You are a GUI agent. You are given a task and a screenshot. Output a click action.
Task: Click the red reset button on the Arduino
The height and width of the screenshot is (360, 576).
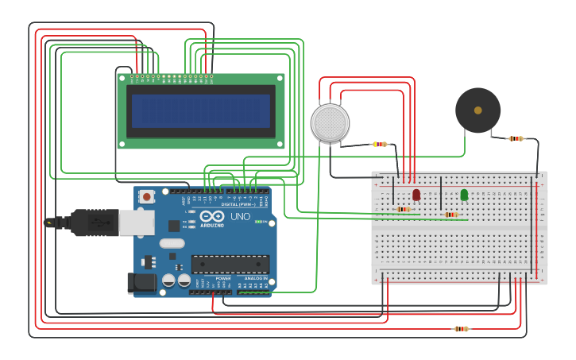pos(146,196)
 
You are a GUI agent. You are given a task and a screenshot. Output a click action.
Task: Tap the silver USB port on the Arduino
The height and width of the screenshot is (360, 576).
pos(136,223)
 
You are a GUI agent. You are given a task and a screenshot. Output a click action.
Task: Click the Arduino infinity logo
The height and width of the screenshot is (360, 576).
pos(212,217)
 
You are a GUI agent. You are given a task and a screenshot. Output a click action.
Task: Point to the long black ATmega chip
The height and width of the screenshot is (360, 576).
pos(230,264)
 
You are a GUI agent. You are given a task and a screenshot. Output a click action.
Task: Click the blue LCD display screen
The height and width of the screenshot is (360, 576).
pos(201,111)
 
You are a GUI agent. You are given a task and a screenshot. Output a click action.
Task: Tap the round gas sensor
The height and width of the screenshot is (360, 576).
pos(330,123)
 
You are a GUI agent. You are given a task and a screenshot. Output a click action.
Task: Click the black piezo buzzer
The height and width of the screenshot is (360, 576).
pos(477,110)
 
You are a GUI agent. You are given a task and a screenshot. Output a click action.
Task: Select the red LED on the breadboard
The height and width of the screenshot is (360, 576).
pos(416,195)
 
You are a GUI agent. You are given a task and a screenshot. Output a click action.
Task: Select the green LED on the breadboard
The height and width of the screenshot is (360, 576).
pos(464,194)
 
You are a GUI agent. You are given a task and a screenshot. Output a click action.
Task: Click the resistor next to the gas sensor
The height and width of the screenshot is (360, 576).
pos(380,144)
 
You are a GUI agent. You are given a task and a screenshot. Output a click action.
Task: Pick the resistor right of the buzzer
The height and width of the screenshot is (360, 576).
pos(516,138)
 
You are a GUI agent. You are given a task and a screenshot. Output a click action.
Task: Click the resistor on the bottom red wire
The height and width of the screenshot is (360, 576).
pos(461,328)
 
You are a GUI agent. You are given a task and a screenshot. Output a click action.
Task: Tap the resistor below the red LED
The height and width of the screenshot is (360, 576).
pos(404,210)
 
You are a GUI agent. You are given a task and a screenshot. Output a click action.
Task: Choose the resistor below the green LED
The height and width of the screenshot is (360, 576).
pos(451,215)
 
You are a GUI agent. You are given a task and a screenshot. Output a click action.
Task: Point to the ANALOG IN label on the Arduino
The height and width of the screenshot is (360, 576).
pos(255,279)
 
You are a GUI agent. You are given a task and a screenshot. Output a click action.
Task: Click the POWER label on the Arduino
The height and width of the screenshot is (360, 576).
pos(223,279)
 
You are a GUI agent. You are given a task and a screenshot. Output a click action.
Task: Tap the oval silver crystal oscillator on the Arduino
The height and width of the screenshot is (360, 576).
pos(171,243)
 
